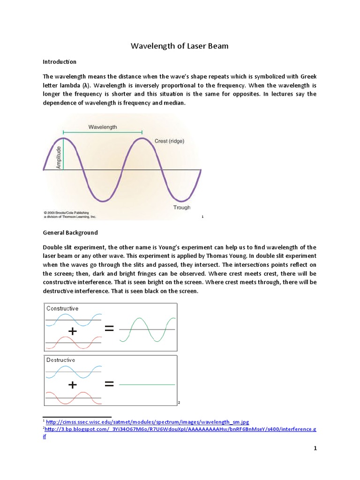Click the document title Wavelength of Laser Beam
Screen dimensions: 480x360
tap(180, 46)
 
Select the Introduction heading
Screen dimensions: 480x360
tap(60, 61)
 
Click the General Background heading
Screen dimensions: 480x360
tap(70, 232)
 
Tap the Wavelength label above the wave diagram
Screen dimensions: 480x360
tap(103, 127)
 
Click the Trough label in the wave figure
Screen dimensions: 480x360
tap(181, 207)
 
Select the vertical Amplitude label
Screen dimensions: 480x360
tap(59, 157)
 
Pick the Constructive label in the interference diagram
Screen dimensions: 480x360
tap(62, 308)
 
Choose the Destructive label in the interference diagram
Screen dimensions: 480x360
tap(60, 360)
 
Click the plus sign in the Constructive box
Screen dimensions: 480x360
tap(73, 331)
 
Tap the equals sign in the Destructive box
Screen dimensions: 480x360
tap(109, 384)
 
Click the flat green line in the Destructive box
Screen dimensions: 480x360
tap(147, 385)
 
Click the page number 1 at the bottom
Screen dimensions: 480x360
tap(315, 449)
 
